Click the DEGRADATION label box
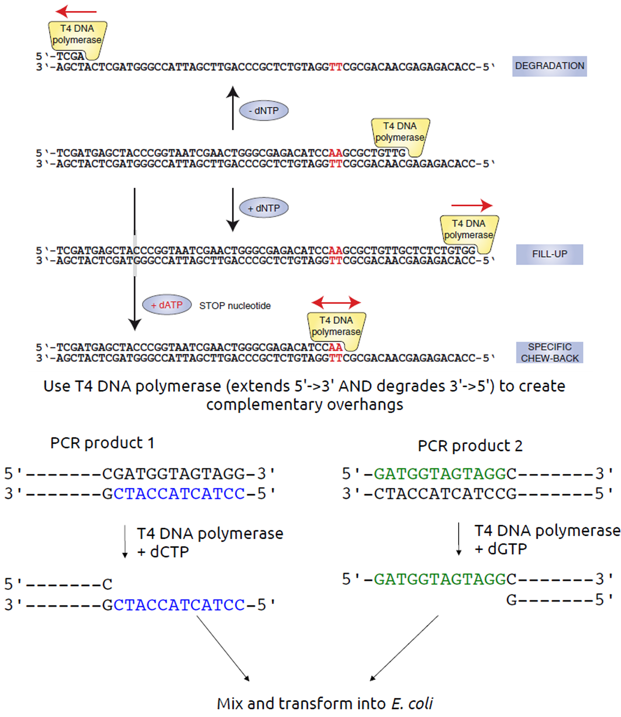click(549, 66)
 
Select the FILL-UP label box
click(549, 254)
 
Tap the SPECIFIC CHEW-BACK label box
click(549, 353)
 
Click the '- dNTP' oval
click(263, 111)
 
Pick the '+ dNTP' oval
click(263, 208)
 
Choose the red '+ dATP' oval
click(167, 305)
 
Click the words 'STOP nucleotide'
click(235, 306)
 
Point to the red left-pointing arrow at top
click(76, 11)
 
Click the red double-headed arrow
click(336, 302)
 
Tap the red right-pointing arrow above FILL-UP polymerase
click(472, 205)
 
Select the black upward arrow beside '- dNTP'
click(233, 108)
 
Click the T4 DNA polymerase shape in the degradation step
click(77, 38)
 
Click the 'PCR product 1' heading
click(102, 443)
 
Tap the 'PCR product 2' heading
click(470, 446)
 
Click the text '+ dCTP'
click(163, 552)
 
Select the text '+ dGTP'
click(501, 549)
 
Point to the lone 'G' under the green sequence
click(511, 599)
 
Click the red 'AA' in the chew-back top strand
click(336, 347)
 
